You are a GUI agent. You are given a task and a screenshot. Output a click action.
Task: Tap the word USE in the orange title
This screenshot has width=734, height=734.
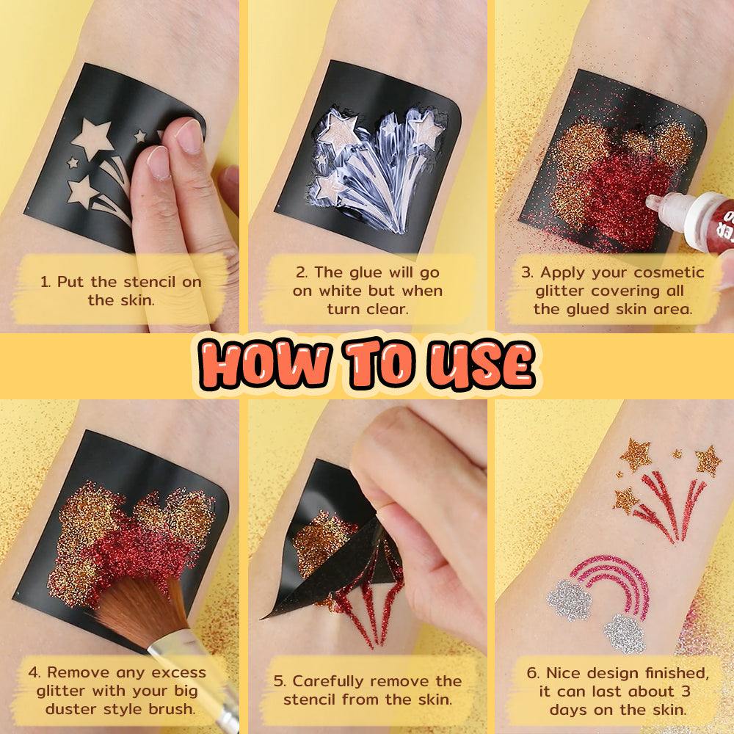coord(482,365)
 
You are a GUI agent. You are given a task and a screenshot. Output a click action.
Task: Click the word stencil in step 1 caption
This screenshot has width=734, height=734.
coord(150,282)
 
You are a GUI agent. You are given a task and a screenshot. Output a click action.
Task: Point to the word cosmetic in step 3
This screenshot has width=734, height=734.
coord(669,272)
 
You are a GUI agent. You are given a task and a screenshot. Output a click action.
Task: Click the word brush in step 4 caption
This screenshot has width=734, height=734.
coord(171,709)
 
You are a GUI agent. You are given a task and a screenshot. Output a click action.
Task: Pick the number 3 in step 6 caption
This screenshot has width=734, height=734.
coord(686,691)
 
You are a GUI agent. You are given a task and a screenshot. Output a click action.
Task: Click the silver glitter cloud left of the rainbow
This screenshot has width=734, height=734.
coord(570,599)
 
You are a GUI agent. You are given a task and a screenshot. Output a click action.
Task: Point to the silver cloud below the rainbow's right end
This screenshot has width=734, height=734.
coord(625,634)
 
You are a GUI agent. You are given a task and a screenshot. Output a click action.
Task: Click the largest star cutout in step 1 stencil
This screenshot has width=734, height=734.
coord(92,138)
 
